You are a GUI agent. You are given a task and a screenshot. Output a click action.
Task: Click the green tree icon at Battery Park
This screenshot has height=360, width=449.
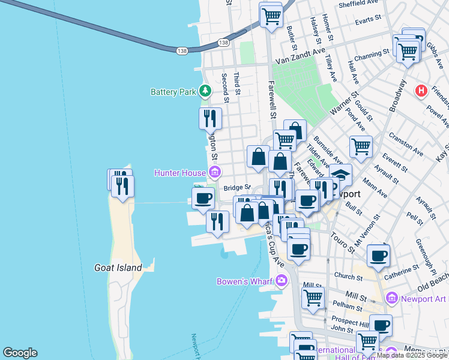206,91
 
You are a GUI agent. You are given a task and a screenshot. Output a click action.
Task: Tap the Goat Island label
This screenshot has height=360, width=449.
118,268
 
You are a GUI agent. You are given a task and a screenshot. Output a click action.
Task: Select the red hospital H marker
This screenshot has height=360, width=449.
422,91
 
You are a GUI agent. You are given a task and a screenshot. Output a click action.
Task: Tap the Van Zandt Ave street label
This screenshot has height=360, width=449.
300,59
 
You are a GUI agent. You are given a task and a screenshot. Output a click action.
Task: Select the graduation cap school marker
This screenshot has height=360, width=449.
340,174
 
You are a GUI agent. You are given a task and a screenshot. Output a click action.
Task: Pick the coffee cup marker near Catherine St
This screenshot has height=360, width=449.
378,255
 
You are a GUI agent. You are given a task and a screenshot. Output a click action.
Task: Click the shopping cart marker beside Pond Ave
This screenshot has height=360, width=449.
361,146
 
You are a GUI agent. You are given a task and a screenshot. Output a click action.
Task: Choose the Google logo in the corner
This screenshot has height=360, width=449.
20,353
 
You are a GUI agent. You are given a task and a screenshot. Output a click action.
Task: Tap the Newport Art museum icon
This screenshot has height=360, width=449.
392,298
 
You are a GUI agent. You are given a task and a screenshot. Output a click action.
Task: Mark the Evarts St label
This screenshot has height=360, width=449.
369,20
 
